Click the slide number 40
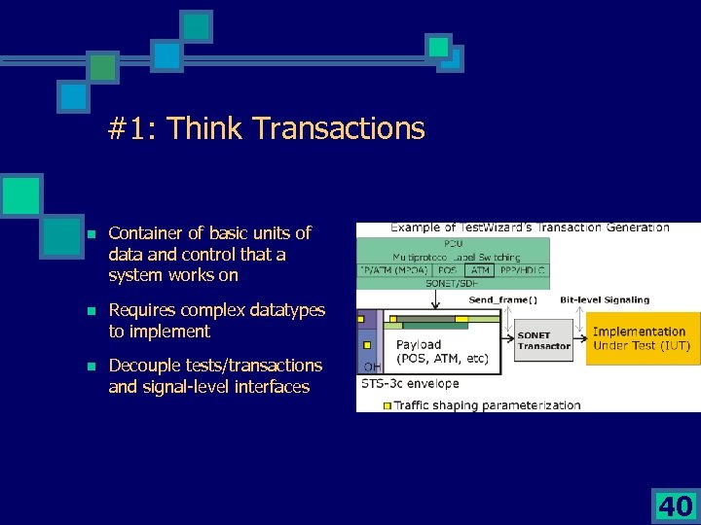pyautogui.click(x=676, y=506)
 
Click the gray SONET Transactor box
pyautogui.click(x=543, y=340)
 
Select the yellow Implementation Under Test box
pyautogui.click(x=641, y=338)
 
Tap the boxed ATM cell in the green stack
pyautogui.click(x=480, y=270)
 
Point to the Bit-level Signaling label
pyautogui.click(x=603, y=299)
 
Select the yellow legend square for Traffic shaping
pyautogui.click(x=387, y=404)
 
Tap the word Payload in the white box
pyautogui.click(x=419, y=344)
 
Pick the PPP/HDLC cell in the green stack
pyautogui.click(x=524, y=270)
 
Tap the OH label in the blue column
pyautogui.click(x=371, y=367)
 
